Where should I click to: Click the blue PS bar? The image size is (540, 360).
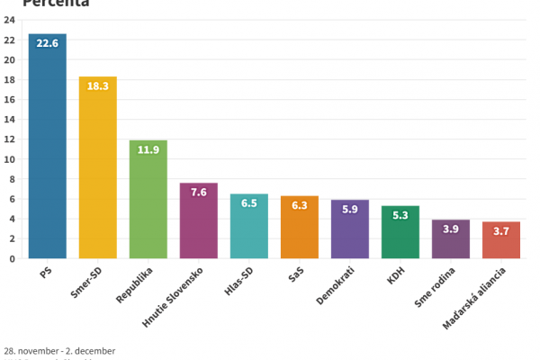click(x=47, y=153)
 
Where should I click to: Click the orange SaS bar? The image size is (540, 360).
click(x=299, y=233)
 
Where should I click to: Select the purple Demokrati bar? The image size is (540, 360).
click(x=349, y=235)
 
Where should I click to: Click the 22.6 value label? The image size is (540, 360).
click(x=47, y=43)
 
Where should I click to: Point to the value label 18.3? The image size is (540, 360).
click(x=97, y=85)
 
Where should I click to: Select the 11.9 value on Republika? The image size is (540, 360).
click(x=148, y=149)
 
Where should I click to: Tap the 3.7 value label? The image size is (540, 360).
click(x=500, y=230)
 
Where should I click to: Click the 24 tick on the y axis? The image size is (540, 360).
click(x=9, y=20)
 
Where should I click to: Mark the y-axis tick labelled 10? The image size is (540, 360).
click(x=9, y=159)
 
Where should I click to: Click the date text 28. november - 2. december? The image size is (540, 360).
click(x=59, y=350)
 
